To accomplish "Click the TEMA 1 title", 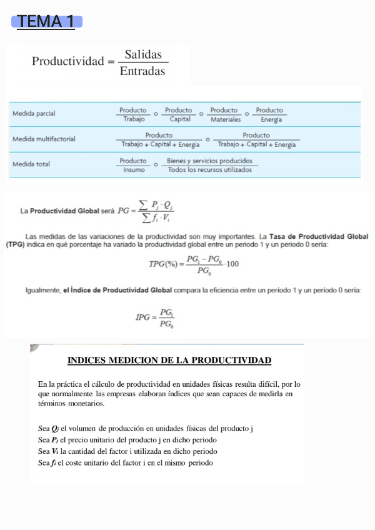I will point(46,22).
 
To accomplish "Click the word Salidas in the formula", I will point(143,54).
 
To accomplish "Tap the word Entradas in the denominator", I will point(142,71).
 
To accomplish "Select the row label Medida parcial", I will point(34,114).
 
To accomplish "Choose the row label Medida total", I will point(31,164).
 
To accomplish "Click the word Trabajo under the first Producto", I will point(133,119).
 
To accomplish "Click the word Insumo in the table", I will point(133,169).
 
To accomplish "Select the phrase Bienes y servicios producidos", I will point(209,161).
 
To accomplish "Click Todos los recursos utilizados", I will point(210,169).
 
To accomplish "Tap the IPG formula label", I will point(143,317).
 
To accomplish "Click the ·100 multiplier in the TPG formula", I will point(231,264).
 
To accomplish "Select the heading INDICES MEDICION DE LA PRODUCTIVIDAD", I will point(169,361).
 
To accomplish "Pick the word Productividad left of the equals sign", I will point(68,61).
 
